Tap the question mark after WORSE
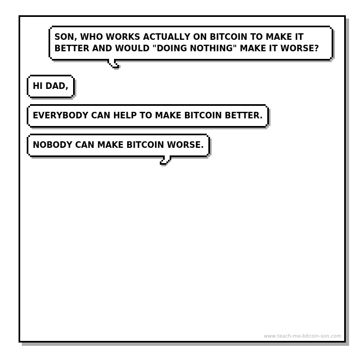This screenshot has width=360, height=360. coord(316,48)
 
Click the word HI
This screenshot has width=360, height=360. coord(38,86)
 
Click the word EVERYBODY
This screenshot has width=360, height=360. coord(61,115)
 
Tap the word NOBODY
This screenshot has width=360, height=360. coord(52,145)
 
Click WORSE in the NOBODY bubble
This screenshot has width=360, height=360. coord(184,145)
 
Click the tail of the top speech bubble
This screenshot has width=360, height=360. coord(113,63)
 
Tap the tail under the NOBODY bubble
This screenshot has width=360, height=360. coord(165,160)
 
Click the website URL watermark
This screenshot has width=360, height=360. coord(302,336)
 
